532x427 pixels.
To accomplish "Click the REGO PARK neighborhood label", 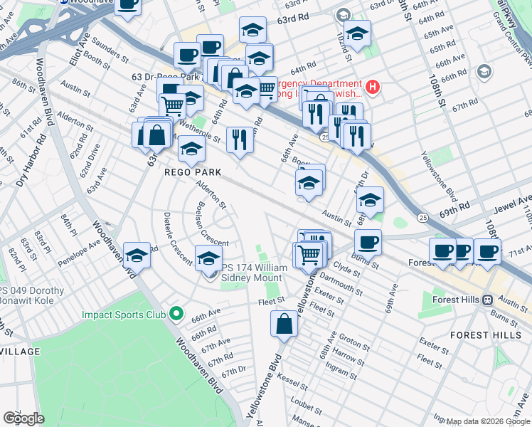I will tap(193, 172).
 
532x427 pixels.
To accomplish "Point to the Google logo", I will tap(23, 418).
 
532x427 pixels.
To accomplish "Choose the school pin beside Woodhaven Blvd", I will tap(137, 255).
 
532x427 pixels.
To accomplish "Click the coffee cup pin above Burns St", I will tap(368, 242).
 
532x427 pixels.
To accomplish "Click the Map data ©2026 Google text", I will tap(487, 421).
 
